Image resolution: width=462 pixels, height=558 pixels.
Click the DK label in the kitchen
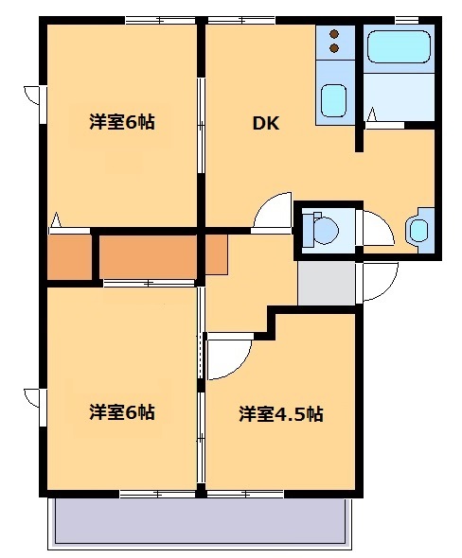pos(265,122)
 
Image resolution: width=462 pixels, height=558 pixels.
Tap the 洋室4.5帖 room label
pos(280,413)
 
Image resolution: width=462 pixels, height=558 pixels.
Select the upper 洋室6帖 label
pos(122,122)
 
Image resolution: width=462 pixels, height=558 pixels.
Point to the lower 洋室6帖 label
pos(122,412)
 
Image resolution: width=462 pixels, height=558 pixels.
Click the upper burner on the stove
pos(334,34)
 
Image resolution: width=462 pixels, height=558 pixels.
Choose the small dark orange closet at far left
pos(68,256)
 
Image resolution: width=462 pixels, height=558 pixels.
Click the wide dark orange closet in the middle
pos(148,256)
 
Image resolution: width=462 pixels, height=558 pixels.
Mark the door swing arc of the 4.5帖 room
pos(227,357)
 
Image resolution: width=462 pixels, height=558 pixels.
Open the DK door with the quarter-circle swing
pos(275,211)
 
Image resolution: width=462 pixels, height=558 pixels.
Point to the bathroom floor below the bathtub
pos(399,102)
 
